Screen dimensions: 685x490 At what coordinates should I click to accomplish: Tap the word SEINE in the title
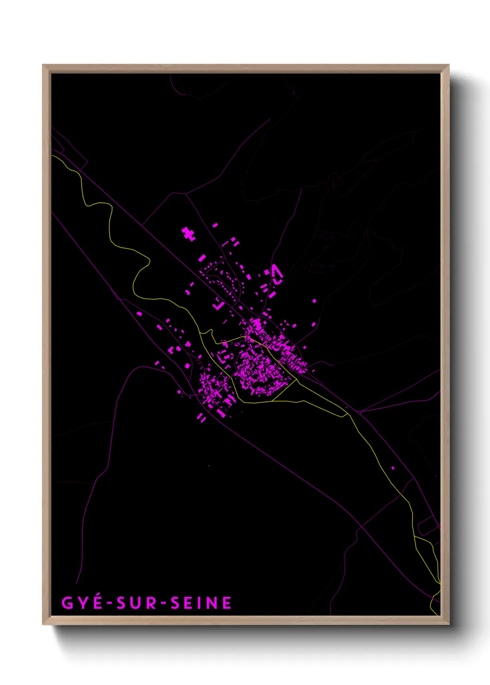click(201, 603)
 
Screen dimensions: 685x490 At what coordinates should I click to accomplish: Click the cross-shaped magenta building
click(188, 234)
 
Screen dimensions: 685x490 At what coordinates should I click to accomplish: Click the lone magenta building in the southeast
click(393, 468)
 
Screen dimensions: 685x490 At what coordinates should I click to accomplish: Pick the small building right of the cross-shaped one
click(215, 225)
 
